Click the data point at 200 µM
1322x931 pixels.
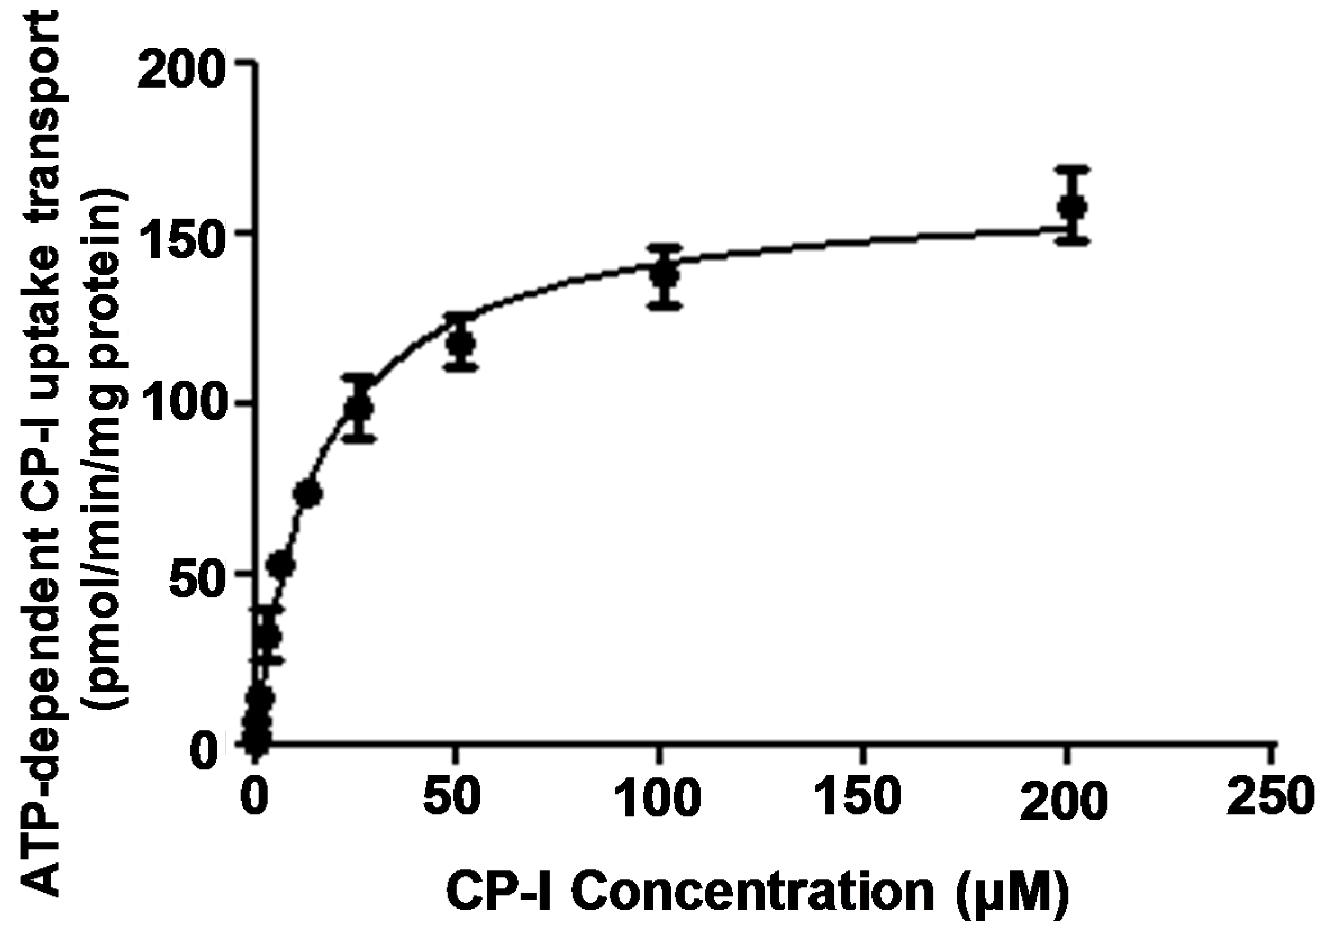pos(1074,207)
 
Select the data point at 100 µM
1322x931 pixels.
pos(665,275)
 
